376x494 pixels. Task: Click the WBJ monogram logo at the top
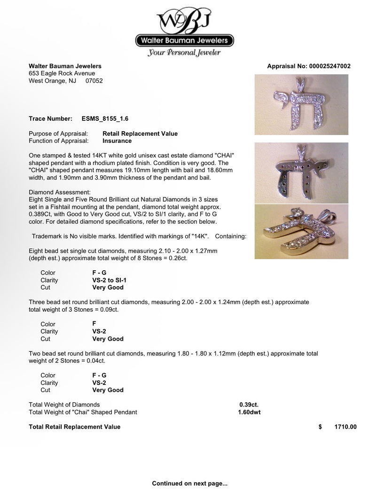click(188, 20)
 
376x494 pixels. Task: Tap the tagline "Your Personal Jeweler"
click(184, 53)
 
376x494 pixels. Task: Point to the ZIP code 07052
click(94, 81)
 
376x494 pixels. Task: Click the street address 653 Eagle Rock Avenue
click(62, 73)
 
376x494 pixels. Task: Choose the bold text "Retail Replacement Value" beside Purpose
click(140, 133)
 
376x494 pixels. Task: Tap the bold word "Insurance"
click(117, 141)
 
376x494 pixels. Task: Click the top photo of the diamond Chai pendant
click(301, 106)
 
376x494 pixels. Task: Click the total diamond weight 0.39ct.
click(249, 405)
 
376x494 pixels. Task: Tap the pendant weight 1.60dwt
click(249, 412)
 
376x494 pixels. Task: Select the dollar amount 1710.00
click(345, 427)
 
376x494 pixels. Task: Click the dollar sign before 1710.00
click(320, 427)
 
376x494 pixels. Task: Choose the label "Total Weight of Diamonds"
click(64, 405)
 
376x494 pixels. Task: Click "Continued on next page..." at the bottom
click(189, 483)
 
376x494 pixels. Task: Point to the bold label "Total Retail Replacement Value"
click(75, 427)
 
